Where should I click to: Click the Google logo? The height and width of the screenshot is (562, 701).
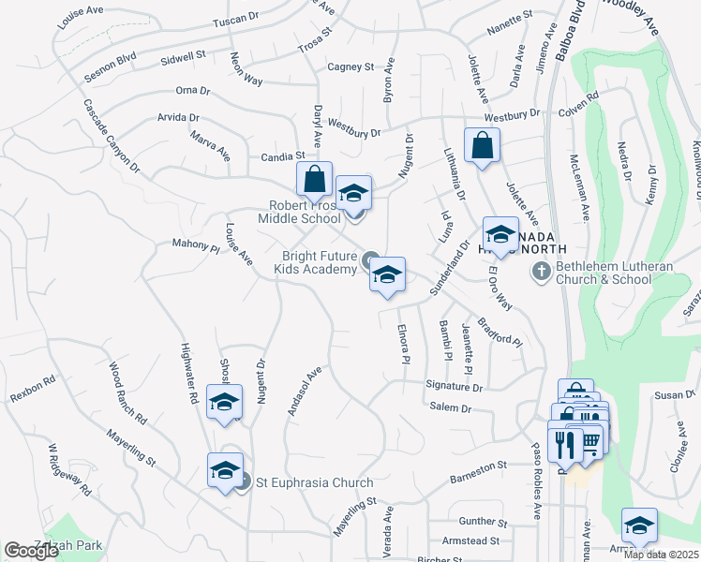click(x=32, y=551)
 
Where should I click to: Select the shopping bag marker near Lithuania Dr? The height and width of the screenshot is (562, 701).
click(x=482, y=146)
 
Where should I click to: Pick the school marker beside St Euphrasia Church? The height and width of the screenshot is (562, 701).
click(x=225, y=471)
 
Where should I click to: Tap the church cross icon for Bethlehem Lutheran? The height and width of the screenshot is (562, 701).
click(x=541, y=272)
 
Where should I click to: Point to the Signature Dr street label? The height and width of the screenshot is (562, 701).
click(x=454, y=386)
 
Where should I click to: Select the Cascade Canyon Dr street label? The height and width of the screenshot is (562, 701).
click(x=112, y=136)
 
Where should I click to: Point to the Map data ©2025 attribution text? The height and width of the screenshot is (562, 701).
click(x=662, y=554)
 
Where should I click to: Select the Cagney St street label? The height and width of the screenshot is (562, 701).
click(x=350, y=67)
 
